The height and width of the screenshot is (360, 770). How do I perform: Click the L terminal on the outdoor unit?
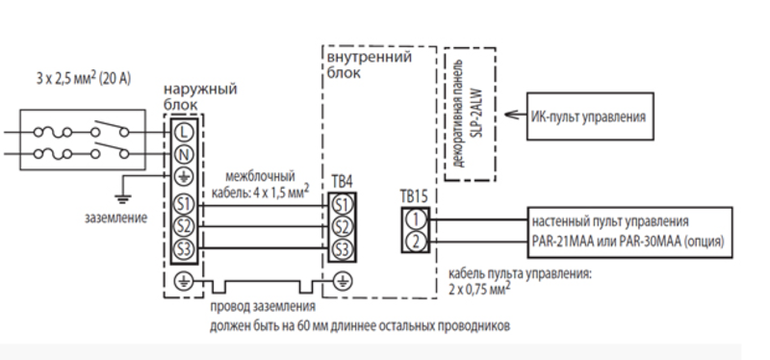184,132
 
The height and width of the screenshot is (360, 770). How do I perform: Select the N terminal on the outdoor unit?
184,155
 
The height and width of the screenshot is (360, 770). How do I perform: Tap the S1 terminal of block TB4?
343,205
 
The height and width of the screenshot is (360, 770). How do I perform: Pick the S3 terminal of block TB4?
343,249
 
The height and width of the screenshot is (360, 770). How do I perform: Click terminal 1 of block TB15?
416,219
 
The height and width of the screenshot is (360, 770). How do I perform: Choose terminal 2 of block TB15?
416,242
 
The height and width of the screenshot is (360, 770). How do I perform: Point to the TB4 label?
342,182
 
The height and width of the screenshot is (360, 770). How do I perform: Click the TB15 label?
414,196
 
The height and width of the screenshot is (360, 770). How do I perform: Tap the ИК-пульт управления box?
590,116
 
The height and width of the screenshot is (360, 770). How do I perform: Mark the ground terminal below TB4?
343,281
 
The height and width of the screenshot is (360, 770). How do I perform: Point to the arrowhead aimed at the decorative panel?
507,116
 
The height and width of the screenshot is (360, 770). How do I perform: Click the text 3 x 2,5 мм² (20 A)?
84,79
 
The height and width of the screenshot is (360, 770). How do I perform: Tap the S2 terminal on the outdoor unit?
184,226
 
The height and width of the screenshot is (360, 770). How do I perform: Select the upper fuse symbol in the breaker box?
53,132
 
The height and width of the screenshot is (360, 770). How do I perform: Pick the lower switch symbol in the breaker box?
110,150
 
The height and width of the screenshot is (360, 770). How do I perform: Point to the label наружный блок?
200,97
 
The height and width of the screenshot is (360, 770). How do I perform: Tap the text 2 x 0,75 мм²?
478,288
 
